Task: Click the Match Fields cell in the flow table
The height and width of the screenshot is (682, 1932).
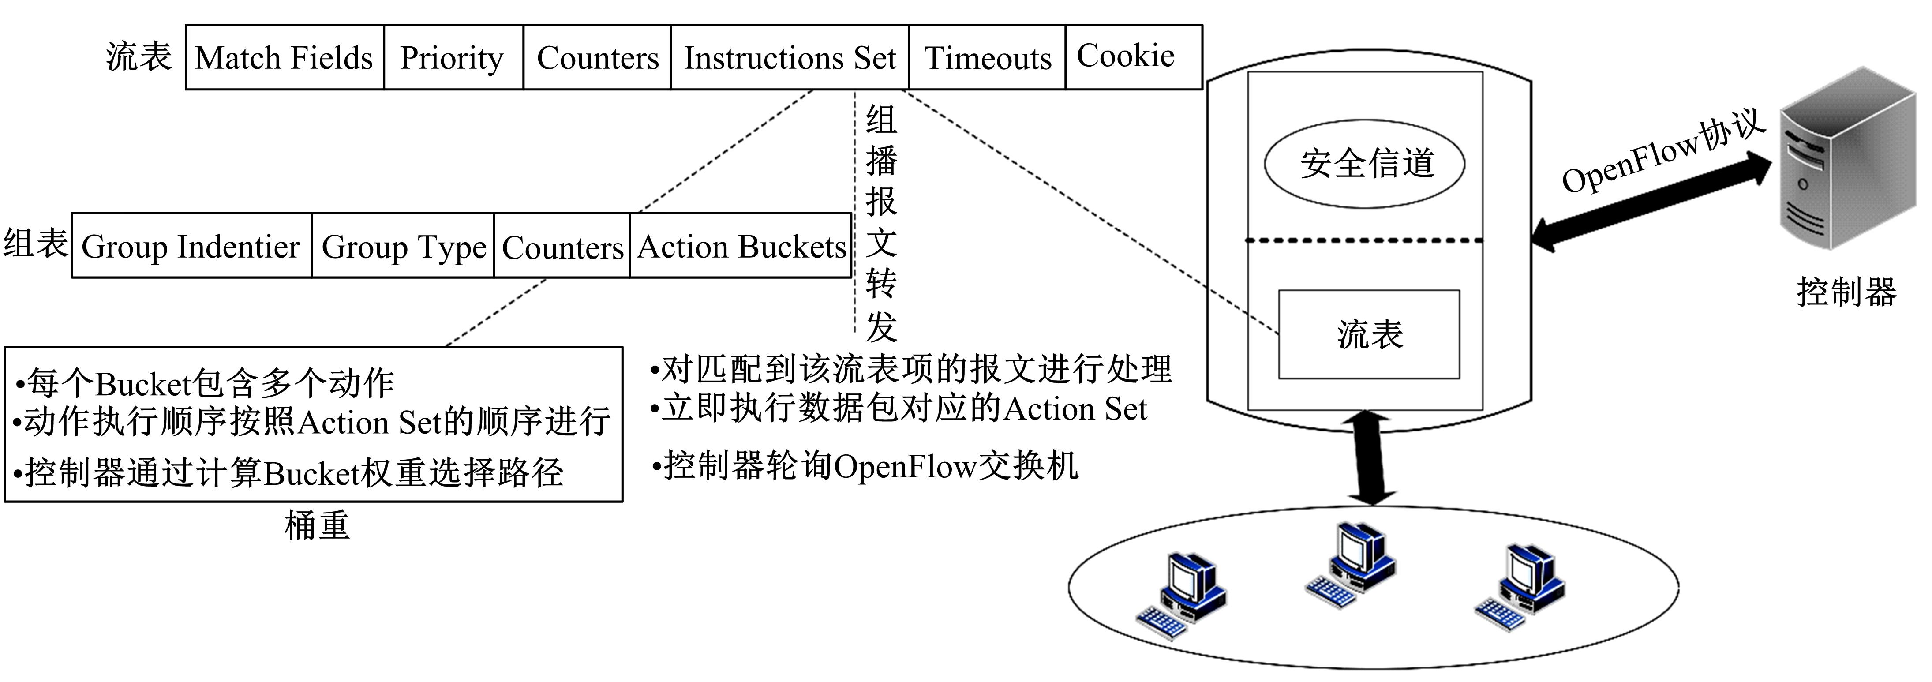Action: click(x=284, y=58)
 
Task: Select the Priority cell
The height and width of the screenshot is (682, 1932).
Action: click(x=452, y=58)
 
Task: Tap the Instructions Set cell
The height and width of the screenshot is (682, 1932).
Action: click(x=790, y=58)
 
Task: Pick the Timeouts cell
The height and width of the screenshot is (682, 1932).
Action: click(x=987, y=58)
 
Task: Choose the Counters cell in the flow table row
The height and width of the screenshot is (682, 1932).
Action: click(x=597, y=58)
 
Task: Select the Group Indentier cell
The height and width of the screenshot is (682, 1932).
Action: click(x=191, y=246)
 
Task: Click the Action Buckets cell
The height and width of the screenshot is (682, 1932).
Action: click(x=741, y=246)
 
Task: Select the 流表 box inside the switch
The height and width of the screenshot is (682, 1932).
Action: click(x=1369, y=334)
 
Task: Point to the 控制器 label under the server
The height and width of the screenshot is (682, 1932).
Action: click(x=1846, y=291)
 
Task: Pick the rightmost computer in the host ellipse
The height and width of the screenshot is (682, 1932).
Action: click(x=1523, y=585)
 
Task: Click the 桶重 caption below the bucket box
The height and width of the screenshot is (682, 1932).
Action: click(x=317, y=525)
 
